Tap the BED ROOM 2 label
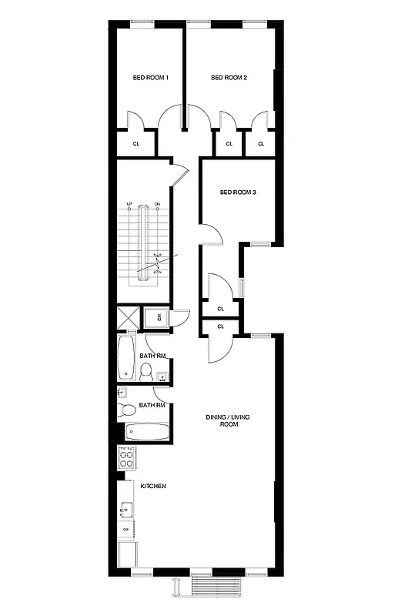point(229,78)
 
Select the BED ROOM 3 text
point(238,192)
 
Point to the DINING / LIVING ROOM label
point(228,420)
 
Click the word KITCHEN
point(152,486)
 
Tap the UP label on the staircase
point(130,204)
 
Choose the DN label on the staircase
point(157,204)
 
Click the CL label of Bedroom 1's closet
point(135,143)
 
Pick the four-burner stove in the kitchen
point(127,458)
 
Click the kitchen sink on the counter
point(126,509)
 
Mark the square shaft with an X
point(128,318)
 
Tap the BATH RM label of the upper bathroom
point(152,356)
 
